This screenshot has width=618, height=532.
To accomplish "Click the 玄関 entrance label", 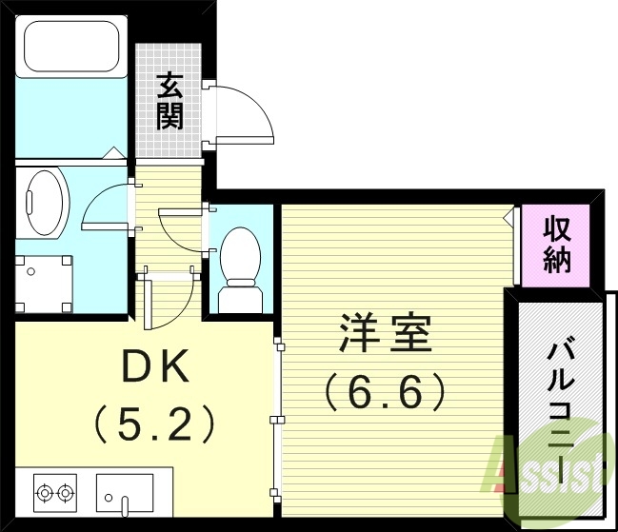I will click(x=171, y=104).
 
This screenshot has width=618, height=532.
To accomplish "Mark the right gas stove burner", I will click(x=66, y=493).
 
